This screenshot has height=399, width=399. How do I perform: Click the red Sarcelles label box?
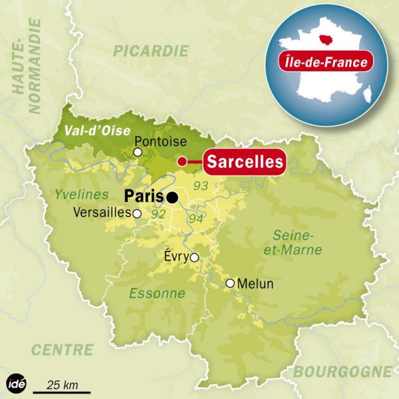(x=243, y=162)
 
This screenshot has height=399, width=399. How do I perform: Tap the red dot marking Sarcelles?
(x=182, y=161)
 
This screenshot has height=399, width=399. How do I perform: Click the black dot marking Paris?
(x=173, y=197)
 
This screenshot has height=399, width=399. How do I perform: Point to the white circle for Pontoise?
(x=138, y=152)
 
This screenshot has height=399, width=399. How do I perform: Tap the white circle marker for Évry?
(x=194, y=257)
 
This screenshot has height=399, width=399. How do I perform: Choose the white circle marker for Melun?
(x=230, y=283)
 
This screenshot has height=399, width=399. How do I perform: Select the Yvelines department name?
(x=82, y=195)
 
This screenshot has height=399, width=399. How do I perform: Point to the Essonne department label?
(x=157, y=293)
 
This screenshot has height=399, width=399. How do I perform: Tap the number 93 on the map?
(x=199, y=184)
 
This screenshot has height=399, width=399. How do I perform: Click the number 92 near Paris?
(x=158, y=215)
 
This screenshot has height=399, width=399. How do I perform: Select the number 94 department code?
(x=195, y=218)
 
